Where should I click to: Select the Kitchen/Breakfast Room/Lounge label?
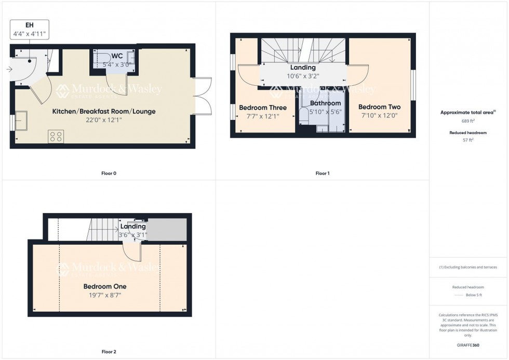point(104,111)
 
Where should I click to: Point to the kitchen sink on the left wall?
point(22,121)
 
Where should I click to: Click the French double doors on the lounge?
point(203,96)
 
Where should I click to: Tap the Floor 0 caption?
point(109,173)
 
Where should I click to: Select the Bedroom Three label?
point(263,108)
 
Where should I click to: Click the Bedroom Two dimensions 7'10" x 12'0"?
point(379,116)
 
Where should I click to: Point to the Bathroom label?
point(325,103)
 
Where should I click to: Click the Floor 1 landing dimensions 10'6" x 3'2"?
point(303,76)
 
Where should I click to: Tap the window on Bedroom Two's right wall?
point(413,83)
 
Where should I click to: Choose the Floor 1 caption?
point(322,173)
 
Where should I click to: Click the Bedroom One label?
point(105,286)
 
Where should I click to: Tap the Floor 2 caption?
point(109,352)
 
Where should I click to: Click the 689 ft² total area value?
point(468,121)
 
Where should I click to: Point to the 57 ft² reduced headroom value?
point(468,140)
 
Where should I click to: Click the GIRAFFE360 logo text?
point(468,344)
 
